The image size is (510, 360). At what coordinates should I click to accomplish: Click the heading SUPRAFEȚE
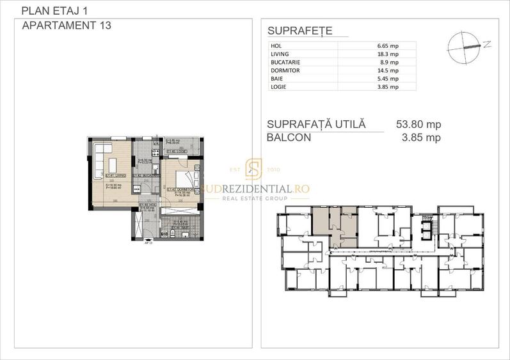point(299,31)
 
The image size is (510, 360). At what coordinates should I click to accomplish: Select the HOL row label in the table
point(276,46)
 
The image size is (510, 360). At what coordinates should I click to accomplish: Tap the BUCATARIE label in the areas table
point(285,63)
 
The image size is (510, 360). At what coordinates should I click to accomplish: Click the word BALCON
point(289,137)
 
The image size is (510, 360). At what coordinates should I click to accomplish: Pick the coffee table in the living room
point(110,164)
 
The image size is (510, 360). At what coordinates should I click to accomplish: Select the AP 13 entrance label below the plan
point(148,244)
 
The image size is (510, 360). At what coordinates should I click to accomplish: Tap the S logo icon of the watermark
point(255,169)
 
